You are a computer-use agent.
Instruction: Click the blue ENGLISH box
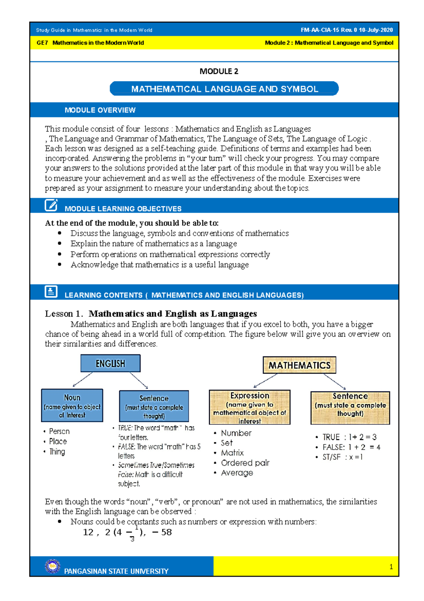point(110,363)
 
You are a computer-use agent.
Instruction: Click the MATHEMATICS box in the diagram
point(299,365)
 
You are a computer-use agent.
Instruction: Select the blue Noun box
point(72,405)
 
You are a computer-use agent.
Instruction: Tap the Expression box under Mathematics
point(249,407)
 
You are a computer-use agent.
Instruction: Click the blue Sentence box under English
point(154,406)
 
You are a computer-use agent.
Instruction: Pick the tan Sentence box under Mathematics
point(350,407)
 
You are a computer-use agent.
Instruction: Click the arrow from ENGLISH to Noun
point(82,380)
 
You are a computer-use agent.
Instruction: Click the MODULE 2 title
point(219,71)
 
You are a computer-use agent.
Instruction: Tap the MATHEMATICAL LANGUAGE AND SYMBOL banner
point(224,89)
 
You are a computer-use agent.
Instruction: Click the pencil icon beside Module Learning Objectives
point(51,205)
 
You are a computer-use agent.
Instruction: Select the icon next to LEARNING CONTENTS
point(51,292)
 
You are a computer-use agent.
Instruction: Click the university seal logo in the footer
point(53,566)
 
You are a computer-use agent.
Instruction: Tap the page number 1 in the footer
point(391,567)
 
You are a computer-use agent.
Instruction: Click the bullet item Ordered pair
point(245,463)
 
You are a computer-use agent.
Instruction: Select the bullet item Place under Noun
point(58,441)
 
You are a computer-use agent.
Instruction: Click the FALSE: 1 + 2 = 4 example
point(351,447)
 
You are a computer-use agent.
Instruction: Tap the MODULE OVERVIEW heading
point(100,110)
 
